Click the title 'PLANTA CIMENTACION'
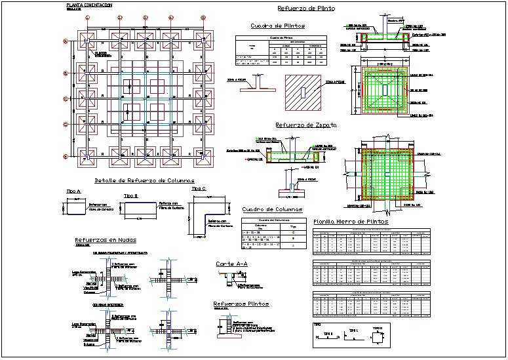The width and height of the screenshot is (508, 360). (x=89, y=5)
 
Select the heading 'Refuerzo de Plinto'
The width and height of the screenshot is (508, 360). (x=306, y=9)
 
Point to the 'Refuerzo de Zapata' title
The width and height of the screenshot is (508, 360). (x=306, y=124)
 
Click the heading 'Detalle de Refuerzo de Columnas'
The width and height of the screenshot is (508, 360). (x=144, y=180)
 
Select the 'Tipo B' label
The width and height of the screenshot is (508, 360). (x=131, y=195)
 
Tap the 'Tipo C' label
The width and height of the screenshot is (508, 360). (x=197, y=189)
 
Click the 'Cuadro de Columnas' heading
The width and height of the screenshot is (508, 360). (x=265, y=210)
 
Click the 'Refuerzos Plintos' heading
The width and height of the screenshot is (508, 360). (x=241, y=304)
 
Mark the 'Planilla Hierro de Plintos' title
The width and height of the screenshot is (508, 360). (x=351, y=222)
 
